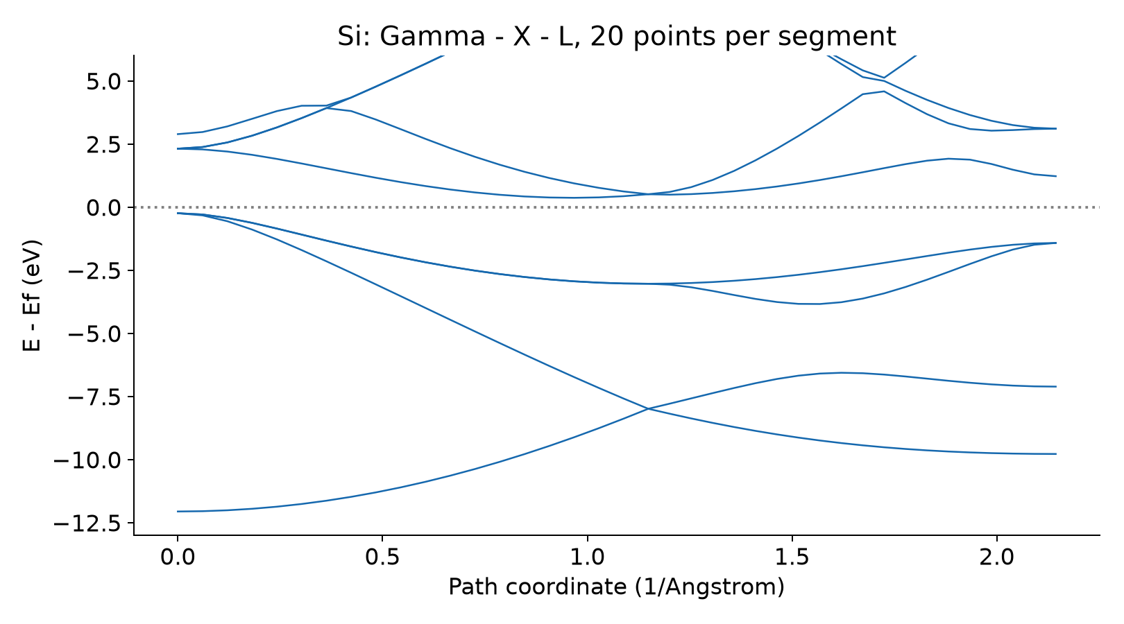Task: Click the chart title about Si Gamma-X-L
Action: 616,36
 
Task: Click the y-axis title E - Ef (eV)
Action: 32,295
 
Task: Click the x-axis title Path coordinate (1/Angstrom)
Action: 616,587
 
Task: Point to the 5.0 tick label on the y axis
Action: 104,81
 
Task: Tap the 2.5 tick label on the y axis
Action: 104,144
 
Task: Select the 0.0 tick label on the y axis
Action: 104,208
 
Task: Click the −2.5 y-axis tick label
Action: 95,271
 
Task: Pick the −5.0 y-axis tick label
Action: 95,333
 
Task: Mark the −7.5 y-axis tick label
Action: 95,397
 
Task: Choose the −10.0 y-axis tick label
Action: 88,460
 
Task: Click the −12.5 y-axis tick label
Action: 88,523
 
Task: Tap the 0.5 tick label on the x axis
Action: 382,557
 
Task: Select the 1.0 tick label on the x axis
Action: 587,557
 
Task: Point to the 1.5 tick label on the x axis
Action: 792,557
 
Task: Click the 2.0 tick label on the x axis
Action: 996,557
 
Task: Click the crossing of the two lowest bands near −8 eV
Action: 648,409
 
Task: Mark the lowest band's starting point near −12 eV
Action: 178,511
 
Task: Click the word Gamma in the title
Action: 432,37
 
